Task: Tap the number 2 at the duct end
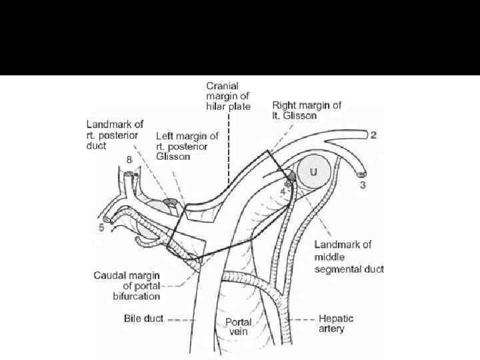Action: click(373, 135)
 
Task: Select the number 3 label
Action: click(363, 185)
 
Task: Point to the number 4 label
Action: click(283, 191)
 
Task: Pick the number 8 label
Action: click(129, 160)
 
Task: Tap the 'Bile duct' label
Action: click(143, 319)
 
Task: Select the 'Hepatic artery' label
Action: click(336, 323)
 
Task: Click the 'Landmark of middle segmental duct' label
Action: click(348, 257)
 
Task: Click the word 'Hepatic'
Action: click(336, 319)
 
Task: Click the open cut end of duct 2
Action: click(364, 135)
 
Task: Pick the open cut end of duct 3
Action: click(361, 175)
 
